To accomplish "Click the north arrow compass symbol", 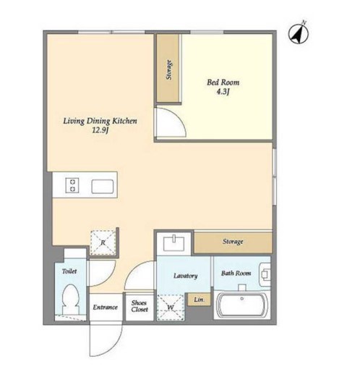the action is click(299, 33).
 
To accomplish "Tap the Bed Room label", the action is click(223, 83).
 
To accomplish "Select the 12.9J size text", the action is click(100, 131).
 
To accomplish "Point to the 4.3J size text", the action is click(223, 92).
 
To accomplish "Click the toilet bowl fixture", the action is click(71, 299).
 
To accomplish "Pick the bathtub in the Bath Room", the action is click(242, 305).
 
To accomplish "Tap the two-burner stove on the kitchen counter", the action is click(72, 185).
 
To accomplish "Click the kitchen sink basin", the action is click(103, 187).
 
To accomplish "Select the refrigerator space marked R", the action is click(103, 242).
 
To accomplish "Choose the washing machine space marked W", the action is click(171, 308).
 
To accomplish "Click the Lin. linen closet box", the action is click(199, 300).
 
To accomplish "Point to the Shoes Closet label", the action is click(140, 306).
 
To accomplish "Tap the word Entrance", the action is click(106, 307).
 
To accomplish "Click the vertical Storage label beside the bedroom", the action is click(169, 69).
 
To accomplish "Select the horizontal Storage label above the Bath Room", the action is click(233, 241).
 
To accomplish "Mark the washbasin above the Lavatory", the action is click(173, 243).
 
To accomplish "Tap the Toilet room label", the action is click(69, 271).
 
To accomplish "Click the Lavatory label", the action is click(186, 276).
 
